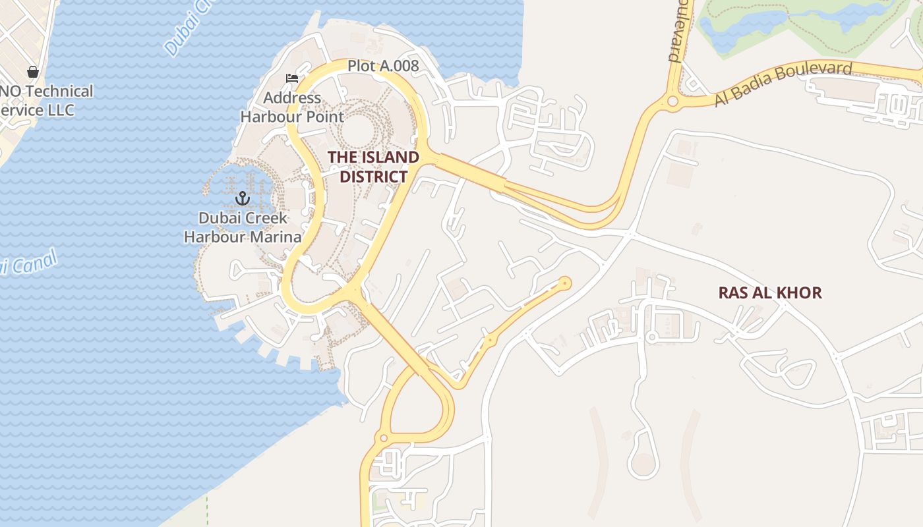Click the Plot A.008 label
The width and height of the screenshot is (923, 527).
tap(383, 66)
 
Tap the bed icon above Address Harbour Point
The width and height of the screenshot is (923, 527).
tap(292, 78)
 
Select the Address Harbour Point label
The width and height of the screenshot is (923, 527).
tap(292, 107)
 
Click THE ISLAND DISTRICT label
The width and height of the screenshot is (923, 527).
tap(373, 167)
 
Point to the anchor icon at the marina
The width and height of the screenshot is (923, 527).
tap(243, 198)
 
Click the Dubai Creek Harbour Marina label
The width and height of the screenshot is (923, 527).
tap(243, 227)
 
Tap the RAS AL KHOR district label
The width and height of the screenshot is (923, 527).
tap(770, 292)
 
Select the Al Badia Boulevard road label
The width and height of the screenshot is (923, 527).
tap(783, 84)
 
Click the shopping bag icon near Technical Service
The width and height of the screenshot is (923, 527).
tap(33, 71)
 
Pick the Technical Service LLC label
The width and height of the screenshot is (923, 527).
tap(46, 100)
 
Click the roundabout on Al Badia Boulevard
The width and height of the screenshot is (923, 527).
tap(672, 101)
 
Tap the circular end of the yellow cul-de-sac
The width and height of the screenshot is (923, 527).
tap(564, 283)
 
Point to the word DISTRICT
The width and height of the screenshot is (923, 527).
tap(373, 177)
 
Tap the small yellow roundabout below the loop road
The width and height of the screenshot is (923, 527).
tap(383, 438)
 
